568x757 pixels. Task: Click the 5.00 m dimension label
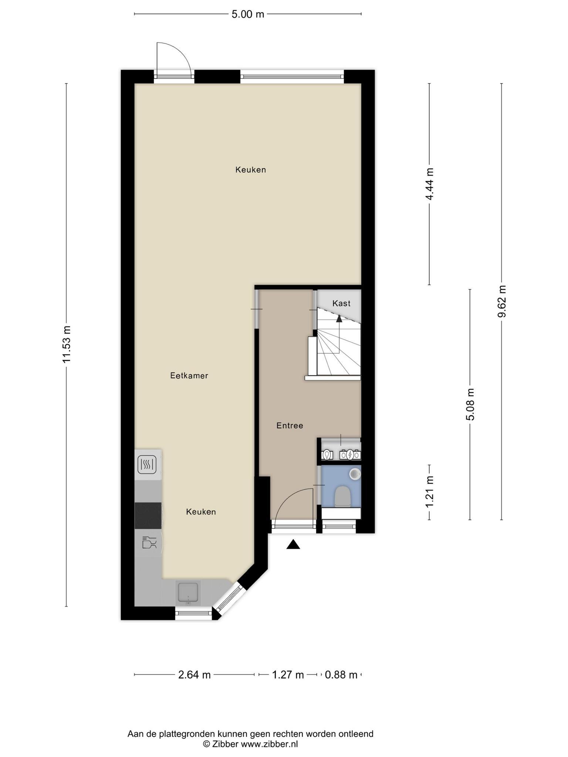click(x=248, y=14)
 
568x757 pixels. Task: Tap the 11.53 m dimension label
click(x=67, y=344)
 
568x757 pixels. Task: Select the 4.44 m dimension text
click(x=429, y=184)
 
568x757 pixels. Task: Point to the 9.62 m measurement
click(x=502, y=301)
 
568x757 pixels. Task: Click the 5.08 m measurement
click(x=470, y=404)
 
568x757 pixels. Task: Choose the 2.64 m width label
click(x=195, y=675)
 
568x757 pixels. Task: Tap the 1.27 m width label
click(x=288, y=675)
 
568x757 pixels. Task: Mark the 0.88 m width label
click(x=341, y=675)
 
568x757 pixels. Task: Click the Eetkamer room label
click(x=189, y=376)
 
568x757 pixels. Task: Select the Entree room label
click(x=290, y=425)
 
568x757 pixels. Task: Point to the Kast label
click(x=341, y=303)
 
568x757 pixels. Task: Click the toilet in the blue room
click(x=342, y=496)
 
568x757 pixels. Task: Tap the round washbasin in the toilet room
click(x=355, y=473)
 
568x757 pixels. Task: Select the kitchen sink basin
click(x=189, y=593)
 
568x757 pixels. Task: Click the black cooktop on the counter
click(x=148, y=516)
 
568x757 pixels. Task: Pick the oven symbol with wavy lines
click(x=147, y=465)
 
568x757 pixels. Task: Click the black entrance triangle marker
click(x=293, y=544)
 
